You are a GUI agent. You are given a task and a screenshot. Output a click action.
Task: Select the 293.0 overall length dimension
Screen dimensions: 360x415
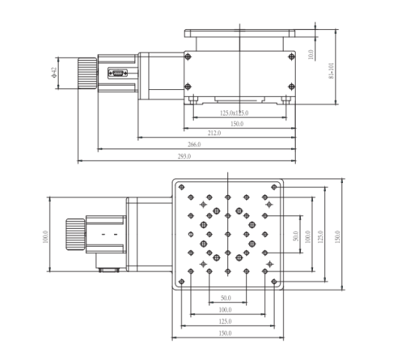(x=185, y=157)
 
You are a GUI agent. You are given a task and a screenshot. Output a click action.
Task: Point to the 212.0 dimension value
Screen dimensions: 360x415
(x=214, y=133)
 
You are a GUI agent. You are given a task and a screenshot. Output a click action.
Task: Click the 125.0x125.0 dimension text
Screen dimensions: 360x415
(x=234, y=113)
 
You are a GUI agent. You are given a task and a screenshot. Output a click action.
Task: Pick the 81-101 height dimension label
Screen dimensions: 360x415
(x=331, y=73)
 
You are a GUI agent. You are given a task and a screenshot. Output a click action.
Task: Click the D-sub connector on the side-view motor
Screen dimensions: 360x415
(x=117, y=73)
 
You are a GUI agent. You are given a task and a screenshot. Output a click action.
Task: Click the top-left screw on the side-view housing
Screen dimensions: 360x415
(x=189, y=57)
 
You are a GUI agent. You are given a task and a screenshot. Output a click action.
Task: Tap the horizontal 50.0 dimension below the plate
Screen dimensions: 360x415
(x=225, y=298)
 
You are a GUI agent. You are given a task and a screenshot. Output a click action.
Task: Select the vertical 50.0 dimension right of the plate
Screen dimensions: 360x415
(x=296, y=235)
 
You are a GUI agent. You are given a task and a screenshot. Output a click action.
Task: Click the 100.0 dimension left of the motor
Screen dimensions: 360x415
(x=44, y=235)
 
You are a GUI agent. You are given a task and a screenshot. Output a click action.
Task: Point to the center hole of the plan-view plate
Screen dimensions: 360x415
(x=228, y=235)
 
